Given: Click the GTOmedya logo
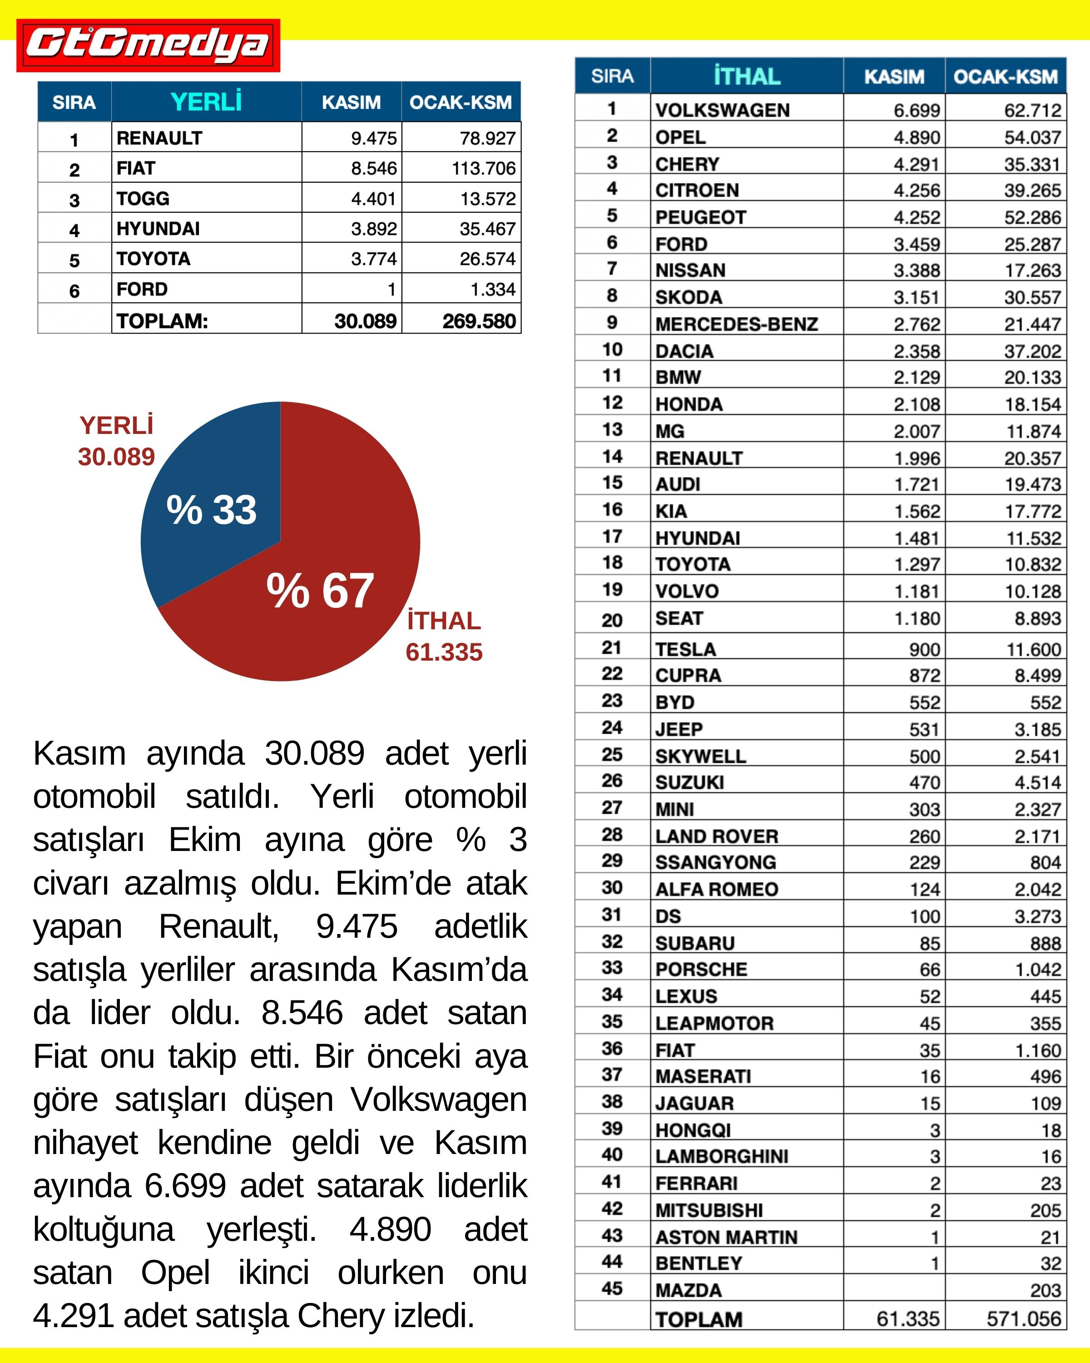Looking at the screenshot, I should pyautogui.click(x=148, y=45).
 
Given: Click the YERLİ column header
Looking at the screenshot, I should pyautogui.click(x=206, y=102).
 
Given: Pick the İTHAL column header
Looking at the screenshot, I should pyautogui.click(x=747, y=76).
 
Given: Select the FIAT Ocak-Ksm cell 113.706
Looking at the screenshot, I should pyautogui.click(x=483, y=168).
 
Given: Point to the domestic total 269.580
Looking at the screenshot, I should pyautogui.click(x=479, y=321).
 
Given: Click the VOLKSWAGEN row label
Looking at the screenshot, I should pyautogui.click(x=722, y=110).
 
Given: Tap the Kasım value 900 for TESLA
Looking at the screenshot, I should pyautogui.click(x=924, y=649).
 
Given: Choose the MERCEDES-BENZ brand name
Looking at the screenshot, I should pyautogui.click(x=736, y=324).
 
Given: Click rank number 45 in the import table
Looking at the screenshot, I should pyautogui.click(x=612, y=1288).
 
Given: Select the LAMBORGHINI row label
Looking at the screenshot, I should pyautogui.click(x=722, y=1156).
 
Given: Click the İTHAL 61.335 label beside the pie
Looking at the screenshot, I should pyautogui.click(x=444, y=637).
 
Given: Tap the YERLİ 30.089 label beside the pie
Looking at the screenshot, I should pyautogui.click(x=116, y=441).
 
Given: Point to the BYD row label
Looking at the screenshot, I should pyautogui.click(x=675, y=702).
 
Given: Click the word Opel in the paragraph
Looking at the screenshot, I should pyautogui.click(x=175, y=1273).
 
